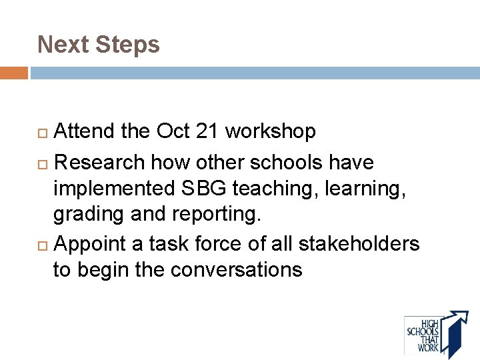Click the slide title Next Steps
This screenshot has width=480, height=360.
pyautogui.click(x=99, y=45)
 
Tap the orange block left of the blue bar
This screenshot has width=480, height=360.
pyautogui.click(x=14, y=73)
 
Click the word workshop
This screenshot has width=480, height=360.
pyautogui.click(x=271, y=132)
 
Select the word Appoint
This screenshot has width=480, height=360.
pyautogui.click(x=93, y=244)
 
